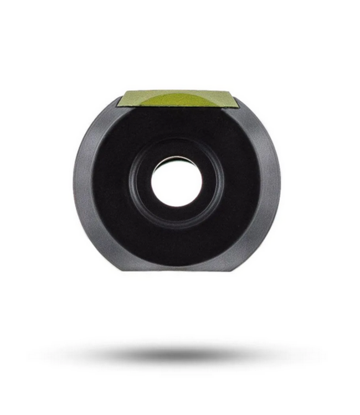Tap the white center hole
coord(177,183)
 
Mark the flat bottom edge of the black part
coord(177,269)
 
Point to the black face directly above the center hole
coord(177,127)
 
